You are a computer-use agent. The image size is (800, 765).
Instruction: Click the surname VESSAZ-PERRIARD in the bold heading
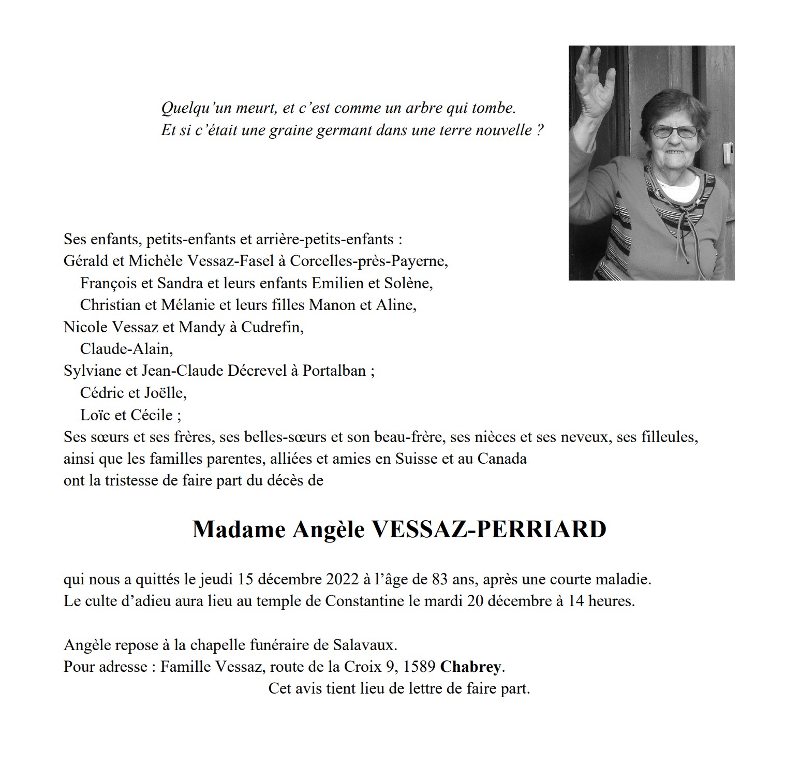488,529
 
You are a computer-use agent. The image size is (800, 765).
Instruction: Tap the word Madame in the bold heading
239,529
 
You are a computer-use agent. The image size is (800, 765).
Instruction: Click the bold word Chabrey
470,667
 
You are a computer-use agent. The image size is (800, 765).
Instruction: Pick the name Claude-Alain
125,349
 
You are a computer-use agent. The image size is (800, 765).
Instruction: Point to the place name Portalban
334,371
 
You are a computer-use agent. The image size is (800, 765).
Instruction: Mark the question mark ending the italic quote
540,130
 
